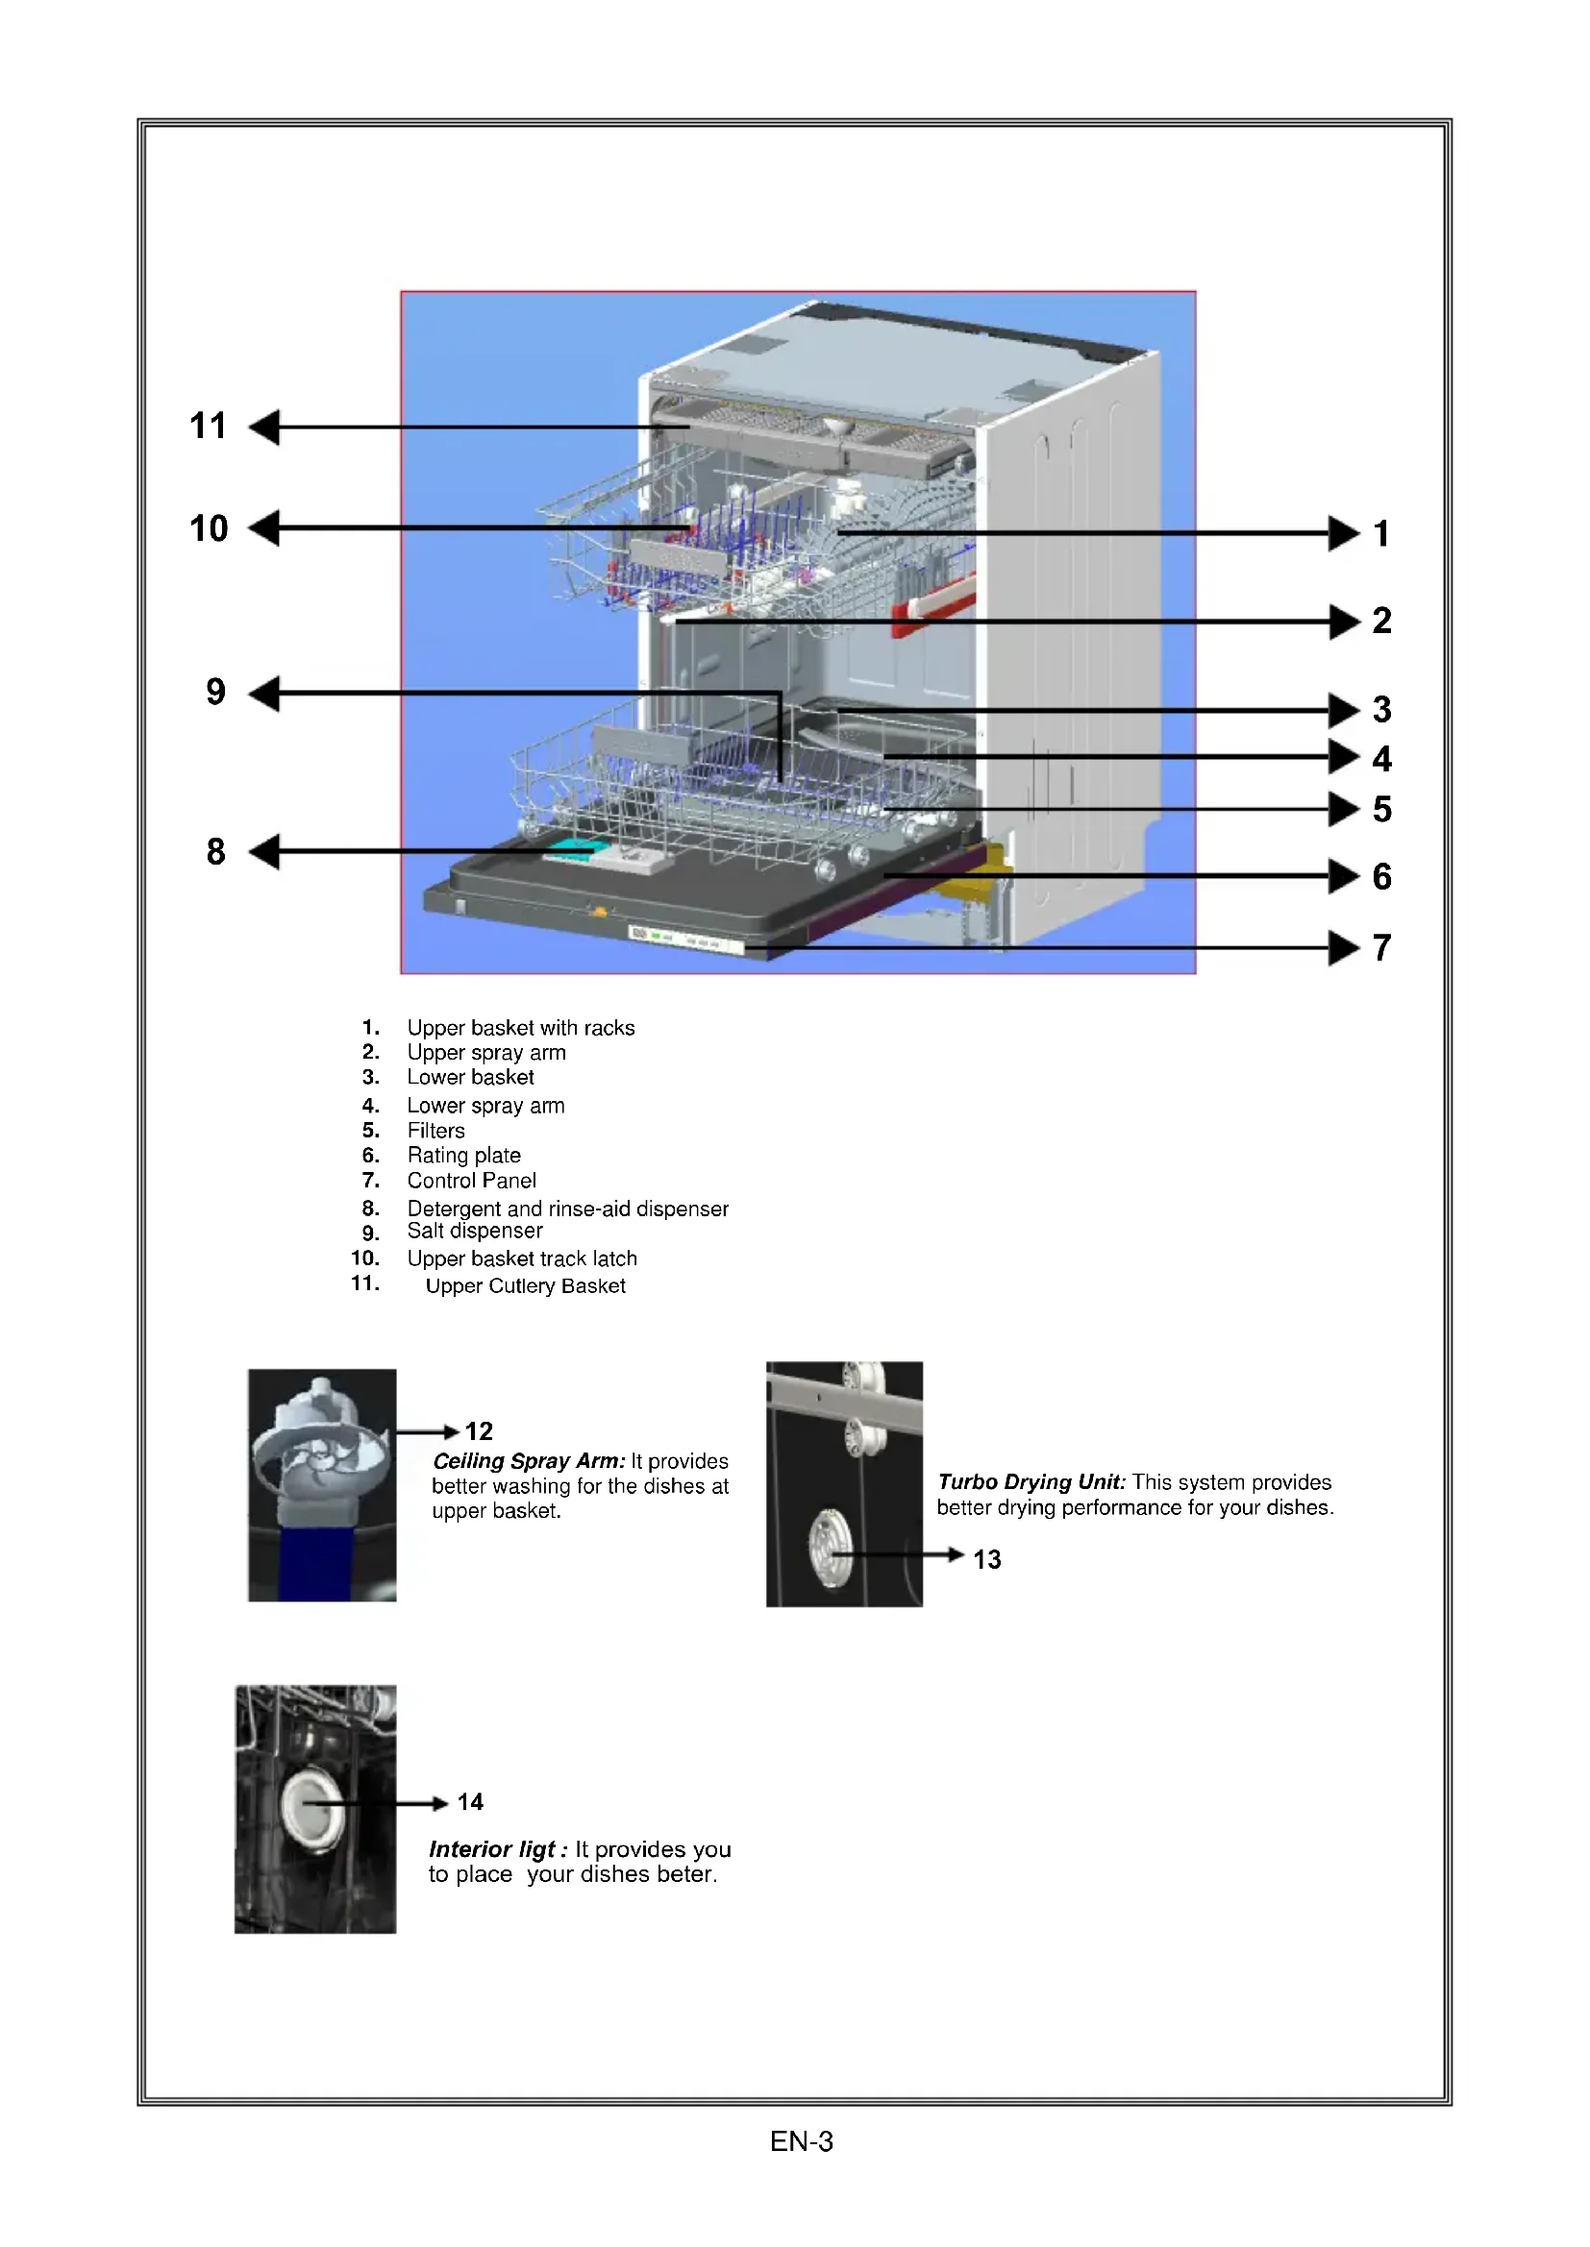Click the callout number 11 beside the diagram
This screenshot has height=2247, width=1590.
208,426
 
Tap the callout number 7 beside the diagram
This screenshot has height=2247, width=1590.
1381,947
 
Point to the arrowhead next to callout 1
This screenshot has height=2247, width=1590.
1343,533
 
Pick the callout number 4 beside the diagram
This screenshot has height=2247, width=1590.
1381,759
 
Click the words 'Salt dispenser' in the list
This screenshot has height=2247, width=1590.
474,1232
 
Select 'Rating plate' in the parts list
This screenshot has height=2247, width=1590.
463,1156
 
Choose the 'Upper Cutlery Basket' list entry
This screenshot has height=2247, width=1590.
525,1286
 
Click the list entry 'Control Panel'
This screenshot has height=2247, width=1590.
471,1181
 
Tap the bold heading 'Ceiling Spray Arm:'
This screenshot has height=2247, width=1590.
529,1461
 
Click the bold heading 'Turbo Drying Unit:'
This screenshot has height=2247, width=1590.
1031,1481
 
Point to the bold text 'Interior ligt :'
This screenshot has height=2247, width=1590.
497,1848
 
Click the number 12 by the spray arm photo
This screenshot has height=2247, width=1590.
478,1430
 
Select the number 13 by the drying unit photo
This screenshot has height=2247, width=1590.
987,1559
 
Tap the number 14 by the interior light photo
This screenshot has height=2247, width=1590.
470,1801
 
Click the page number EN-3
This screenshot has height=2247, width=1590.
801,2141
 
